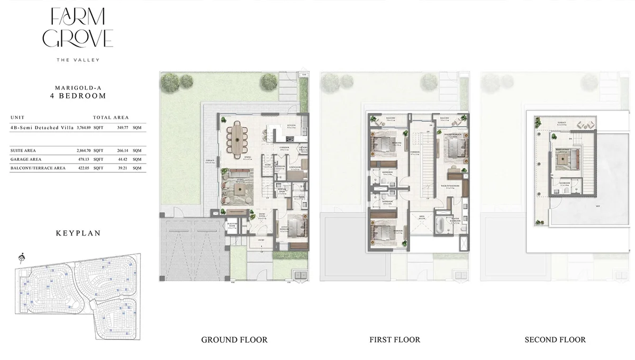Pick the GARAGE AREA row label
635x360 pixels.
[25, 159]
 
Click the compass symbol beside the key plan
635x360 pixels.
[22, 258]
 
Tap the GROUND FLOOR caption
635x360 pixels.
[234, 339]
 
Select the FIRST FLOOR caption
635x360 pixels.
[395, 339]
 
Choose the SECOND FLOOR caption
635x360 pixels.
[555, 339]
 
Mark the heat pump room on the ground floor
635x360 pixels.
[231, 226]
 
